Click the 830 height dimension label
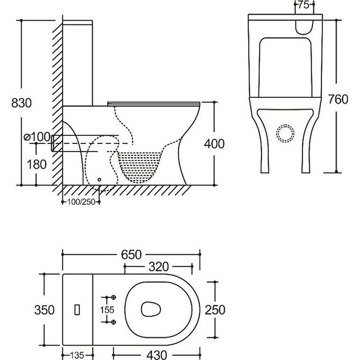coord(21,103)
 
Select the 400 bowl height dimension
coord(214,144)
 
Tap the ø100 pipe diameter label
coord(37,137)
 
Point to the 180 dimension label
coord(37,164)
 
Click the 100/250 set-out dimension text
coord(81,202)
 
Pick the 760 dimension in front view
coord(338,99)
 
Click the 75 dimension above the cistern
coord(304,5)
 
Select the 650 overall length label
coord(131,255)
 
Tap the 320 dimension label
coord(159,267)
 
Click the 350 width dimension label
coord(44,309)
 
